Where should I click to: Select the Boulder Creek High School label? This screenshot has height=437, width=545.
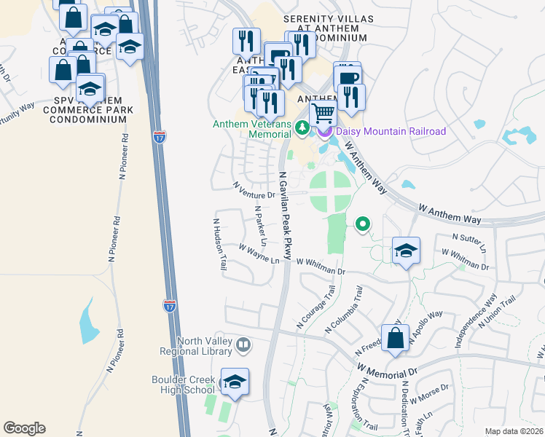tap(183, 385)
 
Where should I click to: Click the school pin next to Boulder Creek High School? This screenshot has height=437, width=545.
tap(235, 382)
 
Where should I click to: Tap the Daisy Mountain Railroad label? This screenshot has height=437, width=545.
tap(390, 131)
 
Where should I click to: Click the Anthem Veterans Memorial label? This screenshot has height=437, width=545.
tap(252, 129)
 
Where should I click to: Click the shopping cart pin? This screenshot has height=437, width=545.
tap(323, 114)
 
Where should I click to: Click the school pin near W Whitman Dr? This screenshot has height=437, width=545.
tap(407, 251)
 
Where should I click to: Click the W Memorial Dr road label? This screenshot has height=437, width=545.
tap(385, 362)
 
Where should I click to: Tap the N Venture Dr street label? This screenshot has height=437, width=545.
tap(253, 190)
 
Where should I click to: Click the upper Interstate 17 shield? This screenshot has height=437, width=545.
tap(160, 136)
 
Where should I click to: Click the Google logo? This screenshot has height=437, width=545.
tap(24, 428)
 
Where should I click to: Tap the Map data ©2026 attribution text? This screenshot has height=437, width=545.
tap(514, 431)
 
